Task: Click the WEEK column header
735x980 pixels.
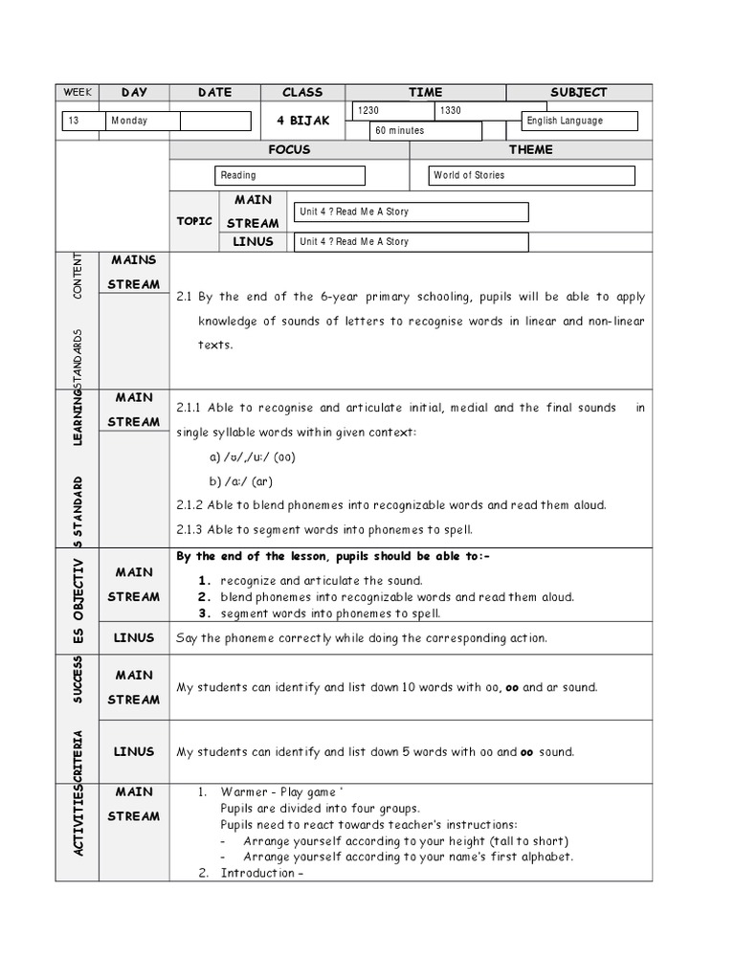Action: (x=77, y=93)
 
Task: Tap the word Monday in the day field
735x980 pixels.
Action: (x=129, y=121)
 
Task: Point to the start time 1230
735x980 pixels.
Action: (x=368, y=111)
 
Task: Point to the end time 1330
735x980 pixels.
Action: (x=451, y=111)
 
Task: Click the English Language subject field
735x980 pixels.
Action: (x=565, y=121)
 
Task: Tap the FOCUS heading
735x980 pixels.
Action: (x=289, y=150)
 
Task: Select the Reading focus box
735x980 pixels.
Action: (x=238, y=176)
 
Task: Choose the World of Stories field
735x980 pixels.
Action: (x=469, y=176)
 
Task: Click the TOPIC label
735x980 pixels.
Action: (x=193, y=221)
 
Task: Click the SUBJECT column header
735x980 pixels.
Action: (x=578, y=93)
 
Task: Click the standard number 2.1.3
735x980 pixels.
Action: (x=194, y=529)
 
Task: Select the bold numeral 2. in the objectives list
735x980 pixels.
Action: (x=204, y=596)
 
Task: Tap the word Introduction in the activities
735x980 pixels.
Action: (x=256, y=873)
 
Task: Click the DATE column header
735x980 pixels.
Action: (x=214, y=93)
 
